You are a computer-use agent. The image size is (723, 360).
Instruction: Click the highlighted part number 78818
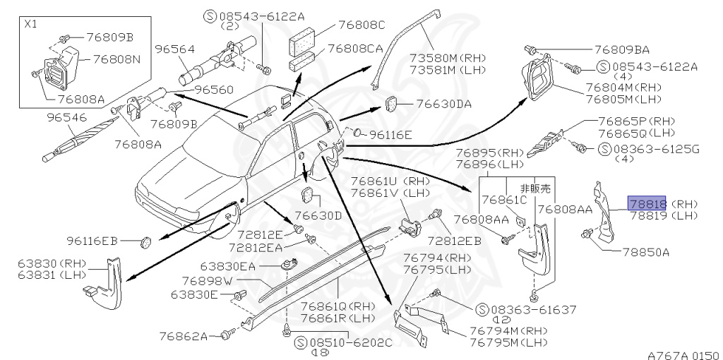click(648, 204)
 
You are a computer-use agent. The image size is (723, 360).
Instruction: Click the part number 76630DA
click(443, 103)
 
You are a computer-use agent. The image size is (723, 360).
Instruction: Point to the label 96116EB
click(93, 241)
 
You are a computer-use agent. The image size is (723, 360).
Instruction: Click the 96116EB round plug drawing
click(146, 241)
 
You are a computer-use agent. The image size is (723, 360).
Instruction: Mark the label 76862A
click(183, 336)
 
